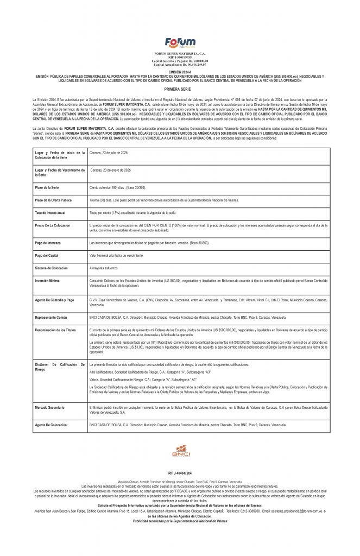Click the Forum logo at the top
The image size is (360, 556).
pos(180,42)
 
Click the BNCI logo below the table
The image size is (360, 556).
pos(180,451)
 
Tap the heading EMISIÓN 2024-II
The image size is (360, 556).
pos(180,71)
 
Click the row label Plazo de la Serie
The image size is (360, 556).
pos(47,186)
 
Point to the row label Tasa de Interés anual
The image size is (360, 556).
pos(49,213)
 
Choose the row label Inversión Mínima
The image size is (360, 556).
pos(47,281)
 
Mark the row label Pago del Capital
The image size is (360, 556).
pos(46,255)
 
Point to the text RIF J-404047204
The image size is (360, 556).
pos(180,473)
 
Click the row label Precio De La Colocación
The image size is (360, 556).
pos(52,224)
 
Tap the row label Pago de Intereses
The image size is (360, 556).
pos(47,242)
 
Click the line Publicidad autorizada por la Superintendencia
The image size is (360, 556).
pos(180,521)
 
